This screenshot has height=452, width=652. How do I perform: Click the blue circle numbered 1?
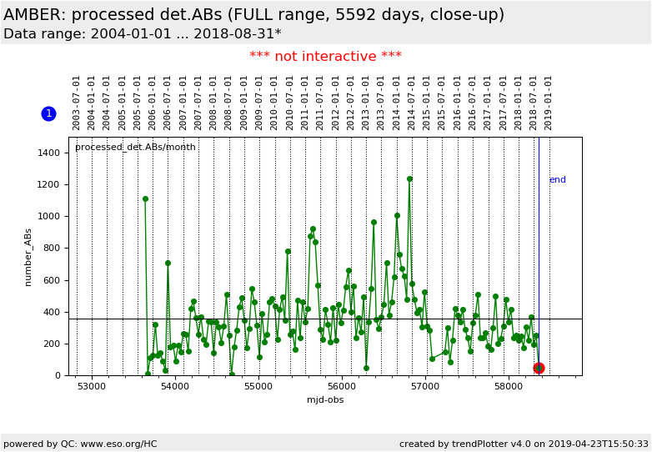pyautogui.click(x=48, y=113)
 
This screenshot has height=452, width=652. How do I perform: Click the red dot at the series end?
pyautogui.click(x=539, y=368)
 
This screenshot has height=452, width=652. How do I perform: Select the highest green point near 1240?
pyautogui.click(x=409, y=178)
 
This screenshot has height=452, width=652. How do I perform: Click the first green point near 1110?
pyautogui.click(x=145, y=199)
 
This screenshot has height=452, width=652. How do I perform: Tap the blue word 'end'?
pyautogui.click(x=557, y=180)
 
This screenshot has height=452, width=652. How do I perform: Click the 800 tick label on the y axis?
pyautogui.click(x=52, y=249)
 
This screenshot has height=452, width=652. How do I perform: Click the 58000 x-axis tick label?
pyautogui.click(x=509, y=387)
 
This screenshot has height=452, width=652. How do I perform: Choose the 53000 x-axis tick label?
pyautogui.click(x=92, y=387)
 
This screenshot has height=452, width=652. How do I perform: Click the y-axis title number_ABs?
pyautogui.click(x=28, y=257)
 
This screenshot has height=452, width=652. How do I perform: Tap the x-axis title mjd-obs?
pyautogui.click(x=324, y=400)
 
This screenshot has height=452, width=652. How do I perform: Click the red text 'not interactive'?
pyautogui.click(x=325, y=57)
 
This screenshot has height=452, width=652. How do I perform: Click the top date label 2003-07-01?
pyautogui.click(x=77, y=102)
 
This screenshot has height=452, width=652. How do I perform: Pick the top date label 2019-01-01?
pyautogui.click(x=549, y=102)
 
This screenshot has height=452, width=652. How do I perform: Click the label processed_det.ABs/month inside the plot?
pyautogui.click(x=135, y=148)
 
